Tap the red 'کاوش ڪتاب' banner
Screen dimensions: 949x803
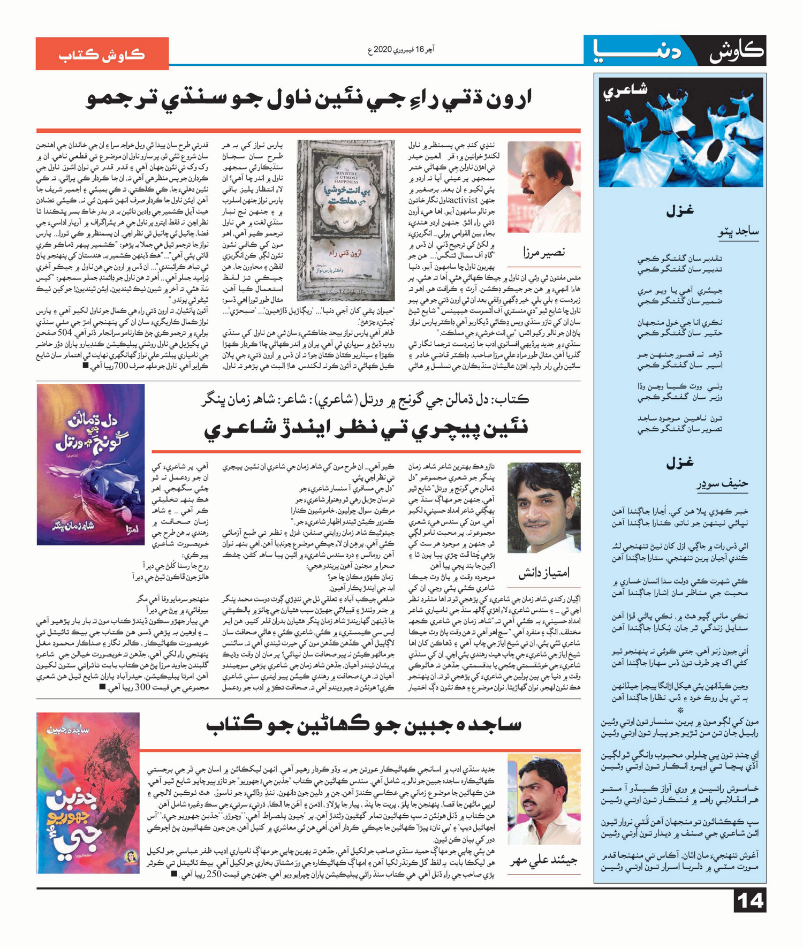point(102,54)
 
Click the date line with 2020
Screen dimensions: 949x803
point(401,50)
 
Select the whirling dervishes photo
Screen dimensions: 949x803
point(680,132)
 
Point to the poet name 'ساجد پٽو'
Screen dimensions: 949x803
point(738,232)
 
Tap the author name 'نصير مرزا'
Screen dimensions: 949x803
point(544,252)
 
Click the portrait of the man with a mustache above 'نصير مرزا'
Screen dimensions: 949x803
point(544,187)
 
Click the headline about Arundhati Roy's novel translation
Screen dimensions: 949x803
point(309,100)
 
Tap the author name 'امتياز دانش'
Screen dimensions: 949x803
point(544,573)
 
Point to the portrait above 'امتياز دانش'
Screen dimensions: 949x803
point(544,508)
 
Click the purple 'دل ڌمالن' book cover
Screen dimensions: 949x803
point(90,464)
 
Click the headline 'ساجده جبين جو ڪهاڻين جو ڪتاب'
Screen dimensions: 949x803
point(364,725)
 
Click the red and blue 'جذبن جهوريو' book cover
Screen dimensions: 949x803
point(88,793)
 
